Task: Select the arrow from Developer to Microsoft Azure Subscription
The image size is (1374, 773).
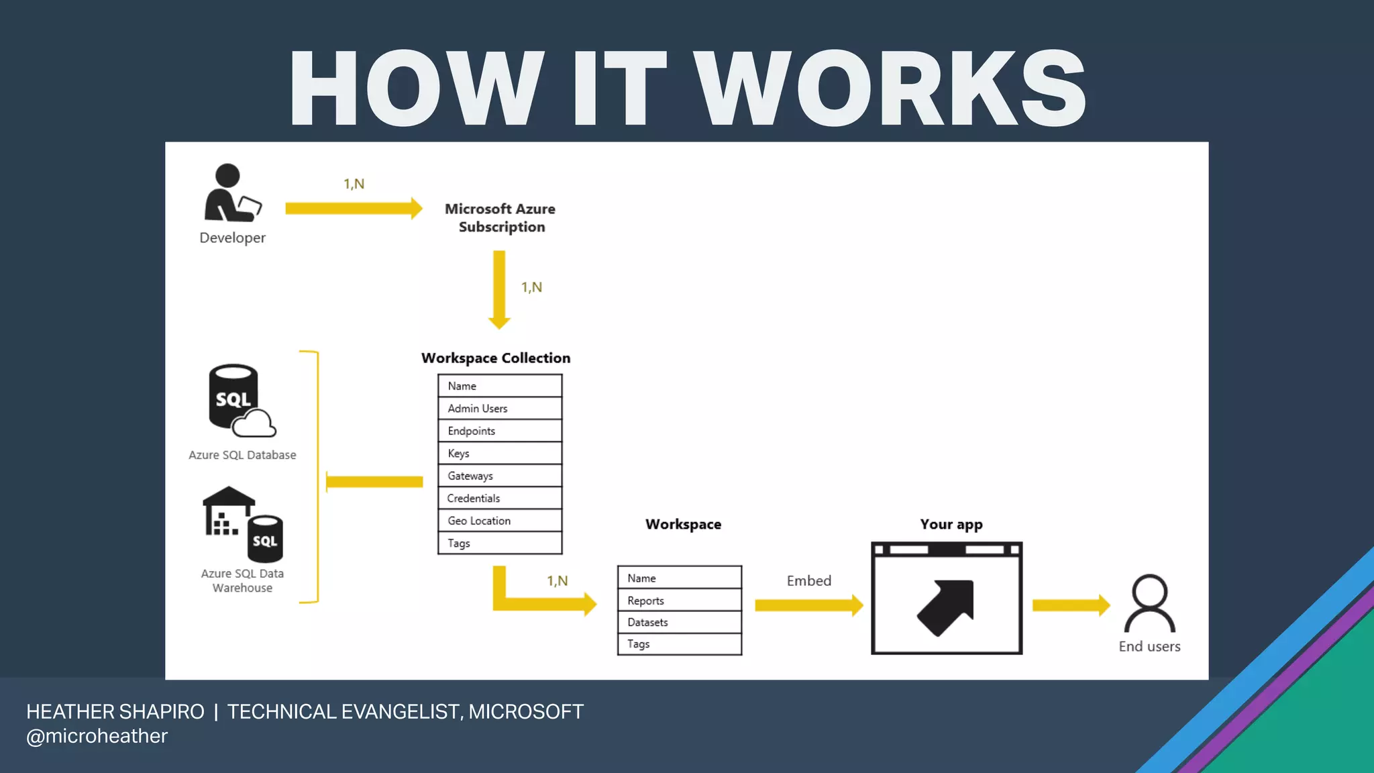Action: [x=354, y=208]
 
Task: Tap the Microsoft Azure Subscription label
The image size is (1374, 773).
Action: [x=500, y=218]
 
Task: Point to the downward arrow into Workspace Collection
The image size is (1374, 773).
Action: [x=499, y=289]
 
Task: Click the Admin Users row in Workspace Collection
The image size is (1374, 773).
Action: [x=500, y=409]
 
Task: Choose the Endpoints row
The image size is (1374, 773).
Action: [x=500, y=431]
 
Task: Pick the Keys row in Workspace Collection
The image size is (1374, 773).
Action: [x=500, y=454]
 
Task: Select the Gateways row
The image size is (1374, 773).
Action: [x=500, y=476]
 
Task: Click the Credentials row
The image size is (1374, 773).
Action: [x=500, y=499]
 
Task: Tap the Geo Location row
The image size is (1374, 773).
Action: [x=500, y=521]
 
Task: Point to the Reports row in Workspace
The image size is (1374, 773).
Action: [x=679, y=601]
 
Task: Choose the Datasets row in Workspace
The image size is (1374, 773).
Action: [x=679, y=622]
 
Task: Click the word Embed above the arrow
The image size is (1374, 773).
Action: [x=808, y=581]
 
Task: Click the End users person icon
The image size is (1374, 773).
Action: [x=1149, y=603]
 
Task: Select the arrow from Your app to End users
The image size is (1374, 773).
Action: [x=1071, y=605]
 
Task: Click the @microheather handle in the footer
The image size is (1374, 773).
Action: [x=97, y=736]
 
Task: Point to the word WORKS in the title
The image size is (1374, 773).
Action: [x=890, y=89]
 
